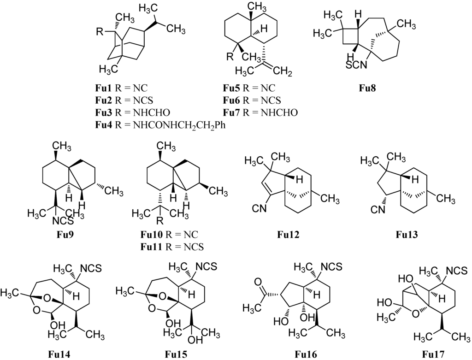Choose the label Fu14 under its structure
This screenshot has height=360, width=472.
(59, 354)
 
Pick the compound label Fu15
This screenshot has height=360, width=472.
(177, 354)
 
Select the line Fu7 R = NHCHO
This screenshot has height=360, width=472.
(260, 112)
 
